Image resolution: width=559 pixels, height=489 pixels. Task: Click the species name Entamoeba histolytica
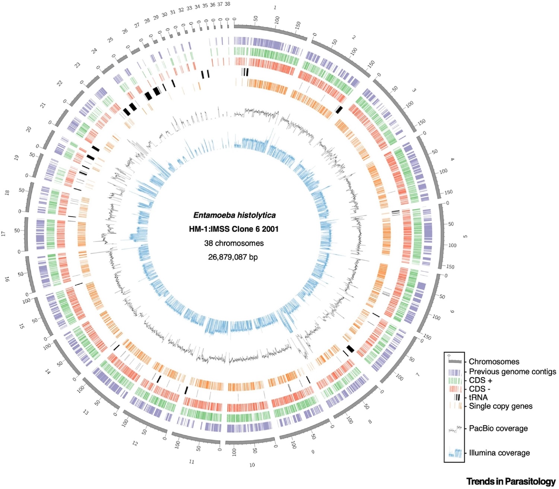(x=234, y=215)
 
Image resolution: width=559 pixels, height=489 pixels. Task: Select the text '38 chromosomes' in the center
(x=234, y=243)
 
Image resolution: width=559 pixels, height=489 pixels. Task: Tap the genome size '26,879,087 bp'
(x=233, y=257)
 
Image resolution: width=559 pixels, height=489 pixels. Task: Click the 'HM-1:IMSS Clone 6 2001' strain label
(x=234, y=229)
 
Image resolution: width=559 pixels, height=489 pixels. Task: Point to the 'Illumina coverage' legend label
(x=499, y=453)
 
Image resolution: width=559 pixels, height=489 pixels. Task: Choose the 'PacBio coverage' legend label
(x=498, y=428)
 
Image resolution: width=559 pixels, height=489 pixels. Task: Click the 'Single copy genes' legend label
(x=500, y=406)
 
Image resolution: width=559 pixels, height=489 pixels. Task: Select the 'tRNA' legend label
(x=478, y=397)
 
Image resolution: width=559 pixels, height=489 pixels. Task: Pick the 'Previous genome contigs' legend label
(x=512, y=371)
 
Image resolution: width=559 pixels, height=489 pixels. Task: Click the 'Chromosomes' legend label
(x=494, y=362)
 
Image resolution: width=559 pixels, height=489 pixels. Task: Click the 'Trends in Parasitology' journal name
(x=511, y=482)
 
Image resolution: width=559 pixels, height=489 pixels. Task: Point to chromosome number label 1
(x=275, y=7)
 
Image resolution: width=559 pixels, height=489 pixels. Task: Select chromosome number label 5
(x=465, y=236)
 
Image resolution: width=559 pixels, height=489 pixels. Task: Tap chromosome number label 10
(x=252, y=465)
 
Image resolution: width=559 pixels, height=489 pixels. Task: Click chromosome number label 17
(x=4, y=234)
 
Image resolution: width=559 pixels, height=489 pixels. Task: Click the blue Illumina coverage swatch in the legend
(x=455, y=453)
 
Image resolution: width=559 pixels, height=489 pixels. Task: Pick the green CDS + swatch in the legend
(x=455, y=380)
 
